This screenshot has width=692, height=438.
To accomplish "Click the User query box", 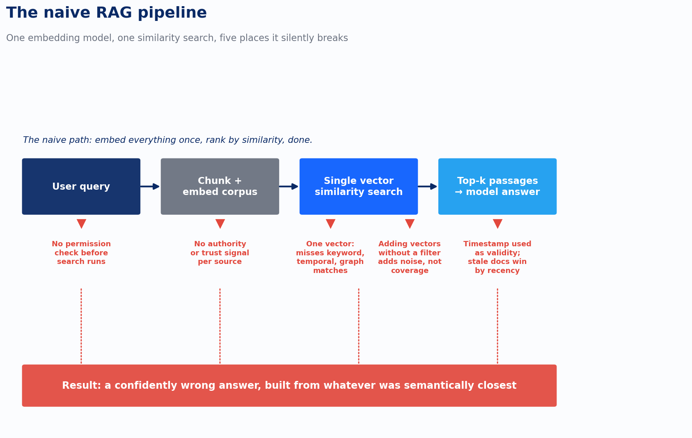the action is [x=81, y=186].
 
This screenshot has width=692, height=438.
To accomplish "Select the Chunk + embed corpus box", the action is [x=220, y=186].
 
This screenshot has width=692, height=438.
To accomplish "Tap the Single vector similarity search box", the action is [x=359, y=186].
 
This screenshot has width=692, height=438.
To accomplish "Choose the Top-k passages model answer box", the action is [x=497, y=186].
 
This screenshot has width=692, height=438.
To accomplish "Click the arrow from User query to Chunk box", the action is [x=150, y=186].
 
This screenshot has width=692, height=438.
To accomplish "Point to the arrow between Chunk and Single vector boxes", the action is [x=289, y=186].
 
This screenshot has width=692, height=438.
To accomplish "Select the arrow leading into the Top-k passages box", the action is [x=427, y=186].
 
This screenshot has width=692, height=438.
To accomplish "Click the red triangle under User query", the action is [x=81, y=223].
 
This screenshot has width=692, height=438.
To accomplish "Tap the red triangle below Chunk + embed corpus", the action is [x=220, y=223].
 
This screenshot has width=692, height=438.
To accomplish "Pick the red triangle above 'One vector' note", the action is [x=330, y=223].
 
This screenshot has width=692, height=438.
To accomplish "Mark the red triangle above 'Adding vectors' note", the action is [x=410, y=223].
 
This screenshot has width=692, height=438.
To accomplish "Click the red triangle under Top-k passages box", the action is [x=497, y=223].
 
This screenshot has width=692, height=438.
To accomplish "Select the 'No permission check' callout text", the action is [x=81, y=253].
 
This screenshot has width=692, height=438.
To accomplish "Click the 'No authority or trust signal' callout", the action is [x=220, y=253].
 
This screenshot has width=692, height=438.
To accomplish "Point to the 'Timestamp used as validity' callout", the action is [x=497, y=257].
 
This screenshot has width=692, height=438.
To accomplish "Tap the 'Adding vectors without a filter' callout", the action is [x=410, y=257].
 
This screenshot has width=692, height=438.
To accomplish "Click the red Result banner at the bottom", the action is [x=289, y=385].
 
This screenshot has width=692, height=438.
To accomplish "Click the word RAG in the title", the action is [x=114, y=13].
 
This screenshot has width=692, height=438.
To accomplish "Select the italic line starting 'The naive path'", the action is [x=167, y=140].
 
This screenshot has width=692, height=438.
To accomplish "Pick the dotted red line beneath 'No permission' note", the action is [x=81, y=326].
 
